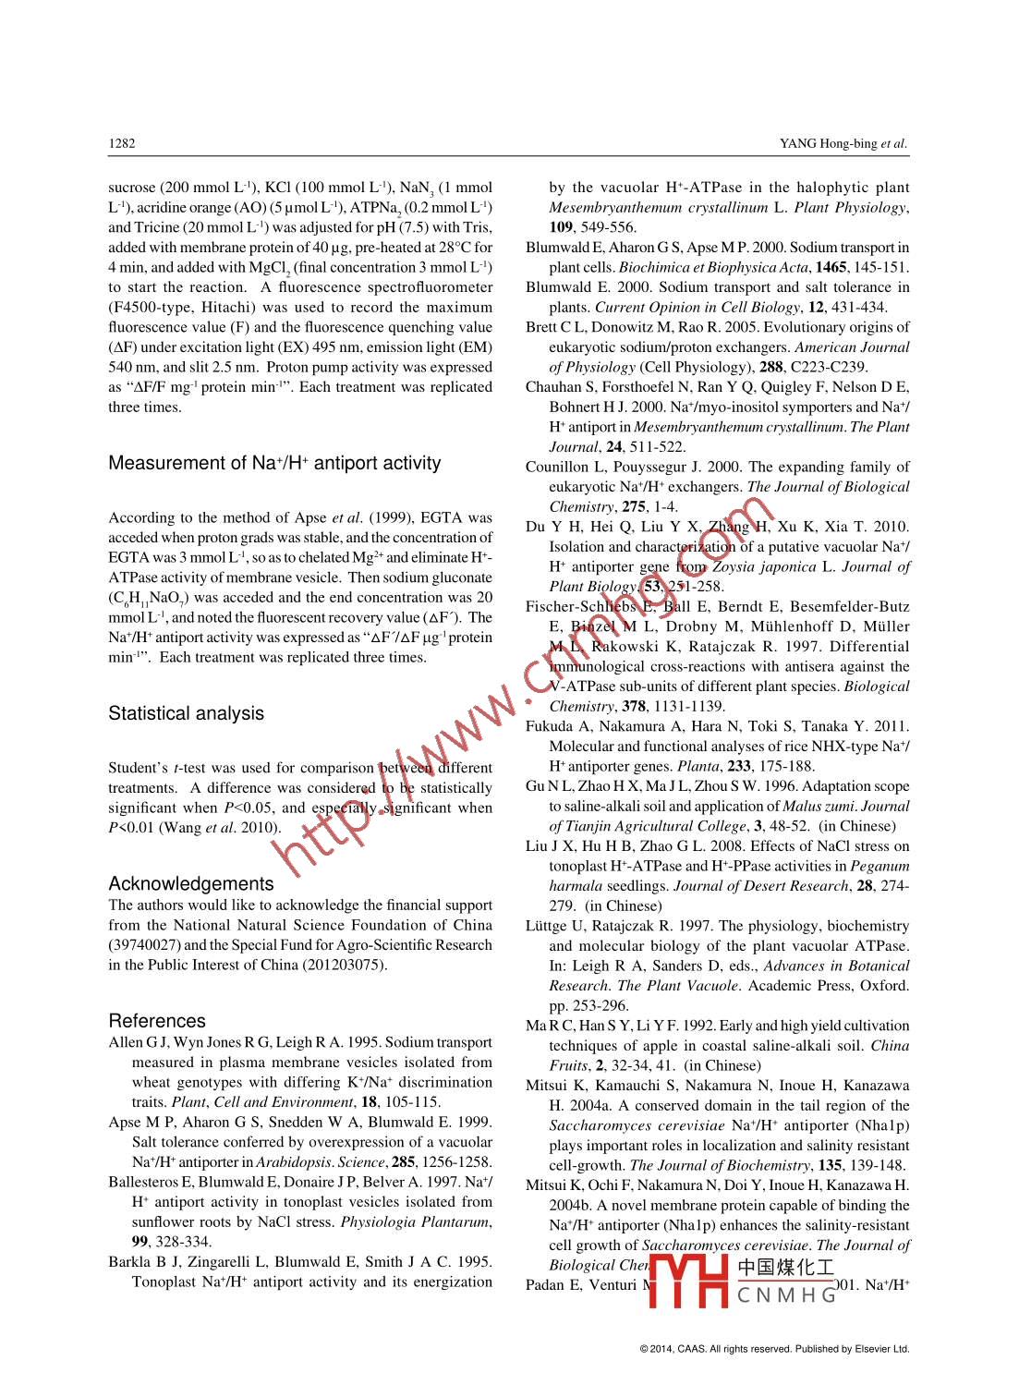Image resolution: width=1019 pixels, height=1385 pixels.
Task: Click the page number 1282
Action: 122,143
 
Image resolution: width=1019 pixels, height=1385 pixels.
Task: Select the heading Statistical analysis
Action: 186,713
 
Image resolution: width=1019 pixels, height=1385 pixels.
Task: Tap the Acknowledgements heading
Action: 191,883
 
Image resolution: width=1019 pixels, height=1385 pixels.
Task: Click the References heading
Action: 157,1021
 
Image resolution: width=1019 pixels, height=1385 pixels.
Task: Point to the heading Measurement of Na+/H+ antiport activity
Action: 274,463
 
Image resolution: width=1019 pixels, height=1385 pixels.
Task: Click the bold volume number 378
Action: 633,707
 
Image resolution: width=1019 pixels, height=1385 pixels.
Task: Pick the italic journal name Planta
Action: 699,766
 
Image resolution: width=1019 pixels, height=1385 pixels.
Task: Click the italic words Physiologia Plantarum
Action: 415,1222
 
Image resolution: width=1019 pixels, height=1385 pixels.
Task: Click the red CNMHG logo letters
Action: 785,1294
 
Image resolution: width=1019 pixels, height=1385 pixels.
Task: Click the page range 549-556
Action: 612,228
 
